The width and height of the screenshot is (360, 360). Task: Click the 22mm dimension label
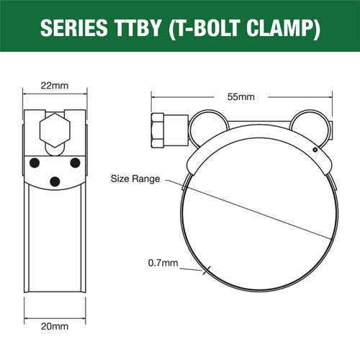tap(55, 86)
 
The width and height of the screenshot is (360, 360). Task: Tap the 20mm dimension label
tap(55, 326)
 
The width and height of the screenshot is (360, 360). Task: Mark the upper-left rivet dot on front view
tap(33, 163)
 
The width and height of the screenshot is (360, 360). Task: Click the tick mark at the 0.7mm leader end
tap(207, 271)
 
